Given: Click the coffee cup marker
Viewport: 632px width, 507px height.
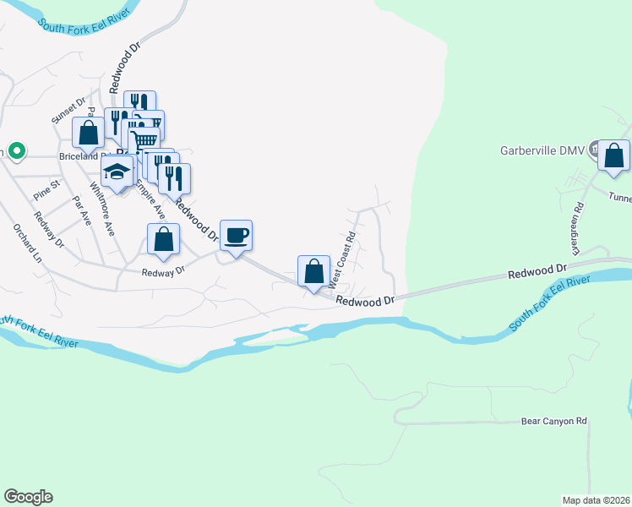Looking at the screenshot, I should (236, 234).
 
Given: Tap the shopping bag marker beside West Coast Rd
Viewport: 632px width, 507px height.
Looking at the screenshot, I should (313, 271).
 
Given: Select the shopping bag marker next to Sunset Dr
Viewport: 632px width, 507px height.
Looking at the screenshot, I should (88, 133).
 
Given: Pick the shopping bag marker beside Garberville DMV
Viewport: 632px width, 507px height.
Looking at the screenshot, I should (613, 155).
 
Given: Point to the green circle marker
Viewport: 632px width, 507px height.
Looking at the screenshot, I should (14, 150).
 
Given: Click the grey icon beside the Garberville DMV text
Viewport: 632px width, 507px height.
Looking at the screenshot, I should (595, 150).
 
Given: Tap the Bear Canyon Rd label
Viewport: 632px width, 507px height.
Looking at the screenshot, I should (553, 421).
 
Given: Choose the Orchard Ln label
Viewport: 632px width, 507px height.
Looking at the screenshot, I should (26, 243).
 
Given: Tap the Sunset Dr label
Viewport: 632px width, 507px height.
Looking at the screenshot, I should (69, 111).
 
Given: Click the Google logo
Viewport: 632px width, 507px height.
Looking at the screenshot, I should (28, 497).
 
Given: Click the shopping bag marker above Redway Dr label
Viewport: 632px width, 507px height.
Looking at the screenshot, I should (164, 240).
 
